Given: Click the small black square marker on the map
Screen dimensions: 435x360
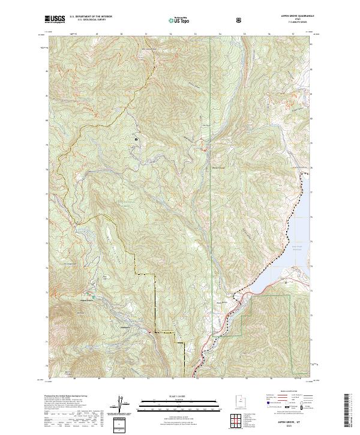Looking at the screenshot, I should [136, 140].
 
